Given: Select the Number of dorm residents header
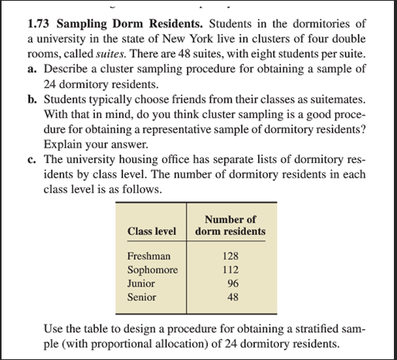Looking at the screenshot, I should tap(230, 225).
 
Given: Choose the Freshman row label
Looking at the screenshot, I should tap(149, 256).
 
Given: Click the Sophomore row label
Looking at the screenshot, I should tap(153, 270).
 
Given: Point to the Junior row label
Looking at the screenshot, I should tap(142, 283).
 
